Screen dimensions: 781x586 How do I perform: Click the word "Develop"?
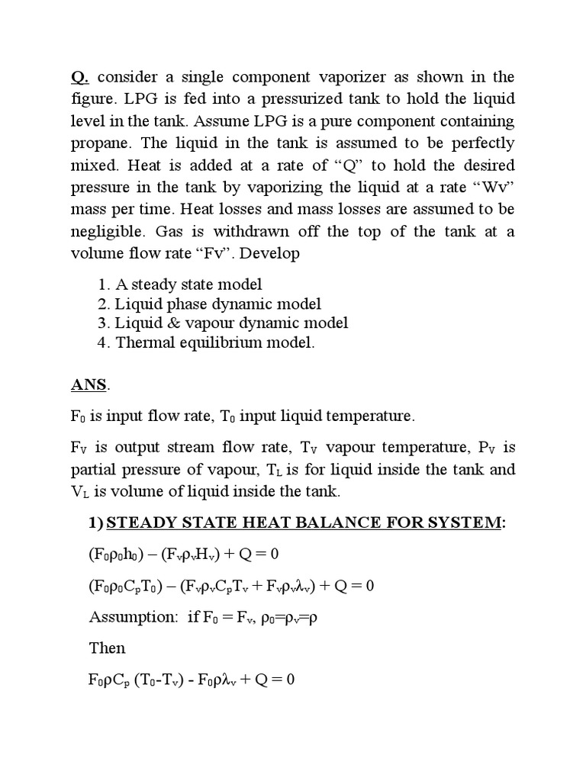[x=272, y=254]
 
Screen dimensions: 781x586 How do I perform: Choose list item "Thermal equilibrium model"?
[x=215, y=342]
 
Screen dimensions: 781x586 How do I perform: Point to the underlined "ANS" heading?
[x=89, y=385]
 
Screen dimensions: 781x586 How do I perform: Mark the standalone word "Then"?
[x=107, y=648]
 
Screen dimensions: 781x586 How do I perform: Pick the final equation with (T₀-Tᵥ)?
[x=192, y=679]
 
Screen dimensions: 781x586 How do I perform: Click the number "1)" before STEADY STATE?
[x=97, y=522]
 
